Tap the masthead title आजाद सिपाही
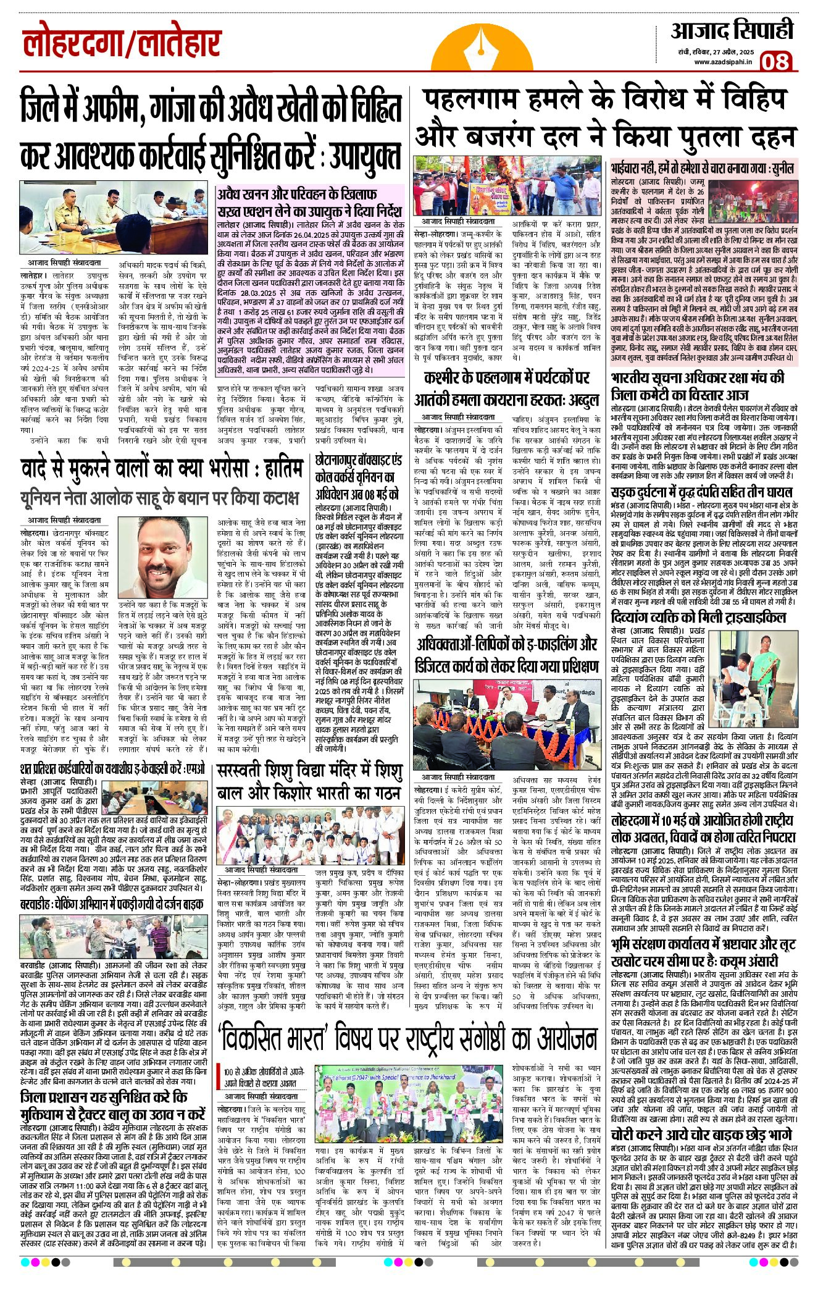tap(732, 31)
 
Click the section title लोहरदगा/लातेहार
tap(122, 44)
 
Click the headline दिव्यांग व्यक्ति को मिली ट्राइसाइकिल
tap(698, 618)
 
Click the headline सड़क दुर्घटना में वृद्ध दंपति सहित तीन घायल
tap(701, 492)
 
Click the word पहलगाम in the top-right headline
tap(477, 99)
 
